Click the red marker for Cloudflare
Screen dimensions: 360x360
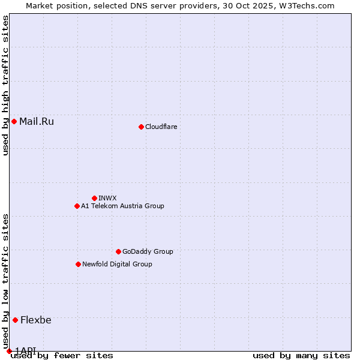click(141, 127)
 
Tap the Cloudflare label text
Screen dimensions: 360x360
click(161, 127)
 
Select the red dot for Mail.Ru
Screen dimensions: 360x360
click(14, 121)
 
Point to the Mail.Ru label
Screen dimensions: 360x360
click(36, 121)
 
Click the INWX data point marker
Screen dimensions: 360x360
click(94, 198)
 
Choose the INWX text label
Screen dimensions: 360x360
click(107, 198)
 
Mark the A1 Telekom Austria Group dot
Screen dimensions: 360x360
click(77, 206)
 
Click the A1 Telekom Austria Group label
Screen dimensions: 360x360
click(122, 206)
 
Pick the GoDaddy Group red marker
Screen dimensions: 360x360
click(118, 251)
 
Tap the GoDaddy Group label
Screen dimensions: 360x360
click(147, 251)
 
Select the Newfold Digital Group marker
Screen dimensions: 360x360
click(78, 264)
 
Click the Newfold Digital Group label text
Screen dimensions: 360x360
click(117, 264)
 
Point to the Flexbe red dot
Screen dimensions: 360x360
click(15, 320)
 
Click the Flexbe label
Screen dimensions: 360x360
click(35, 320)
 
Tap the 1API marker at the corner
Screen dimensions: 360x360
click(9, 351)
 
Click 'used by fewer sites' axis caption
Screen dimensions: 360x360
click(62, 356)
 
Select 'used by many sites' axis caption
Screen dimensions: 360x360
click(301, 356)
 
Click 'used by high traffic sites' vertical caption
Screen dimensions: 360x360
click(6, 85)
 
